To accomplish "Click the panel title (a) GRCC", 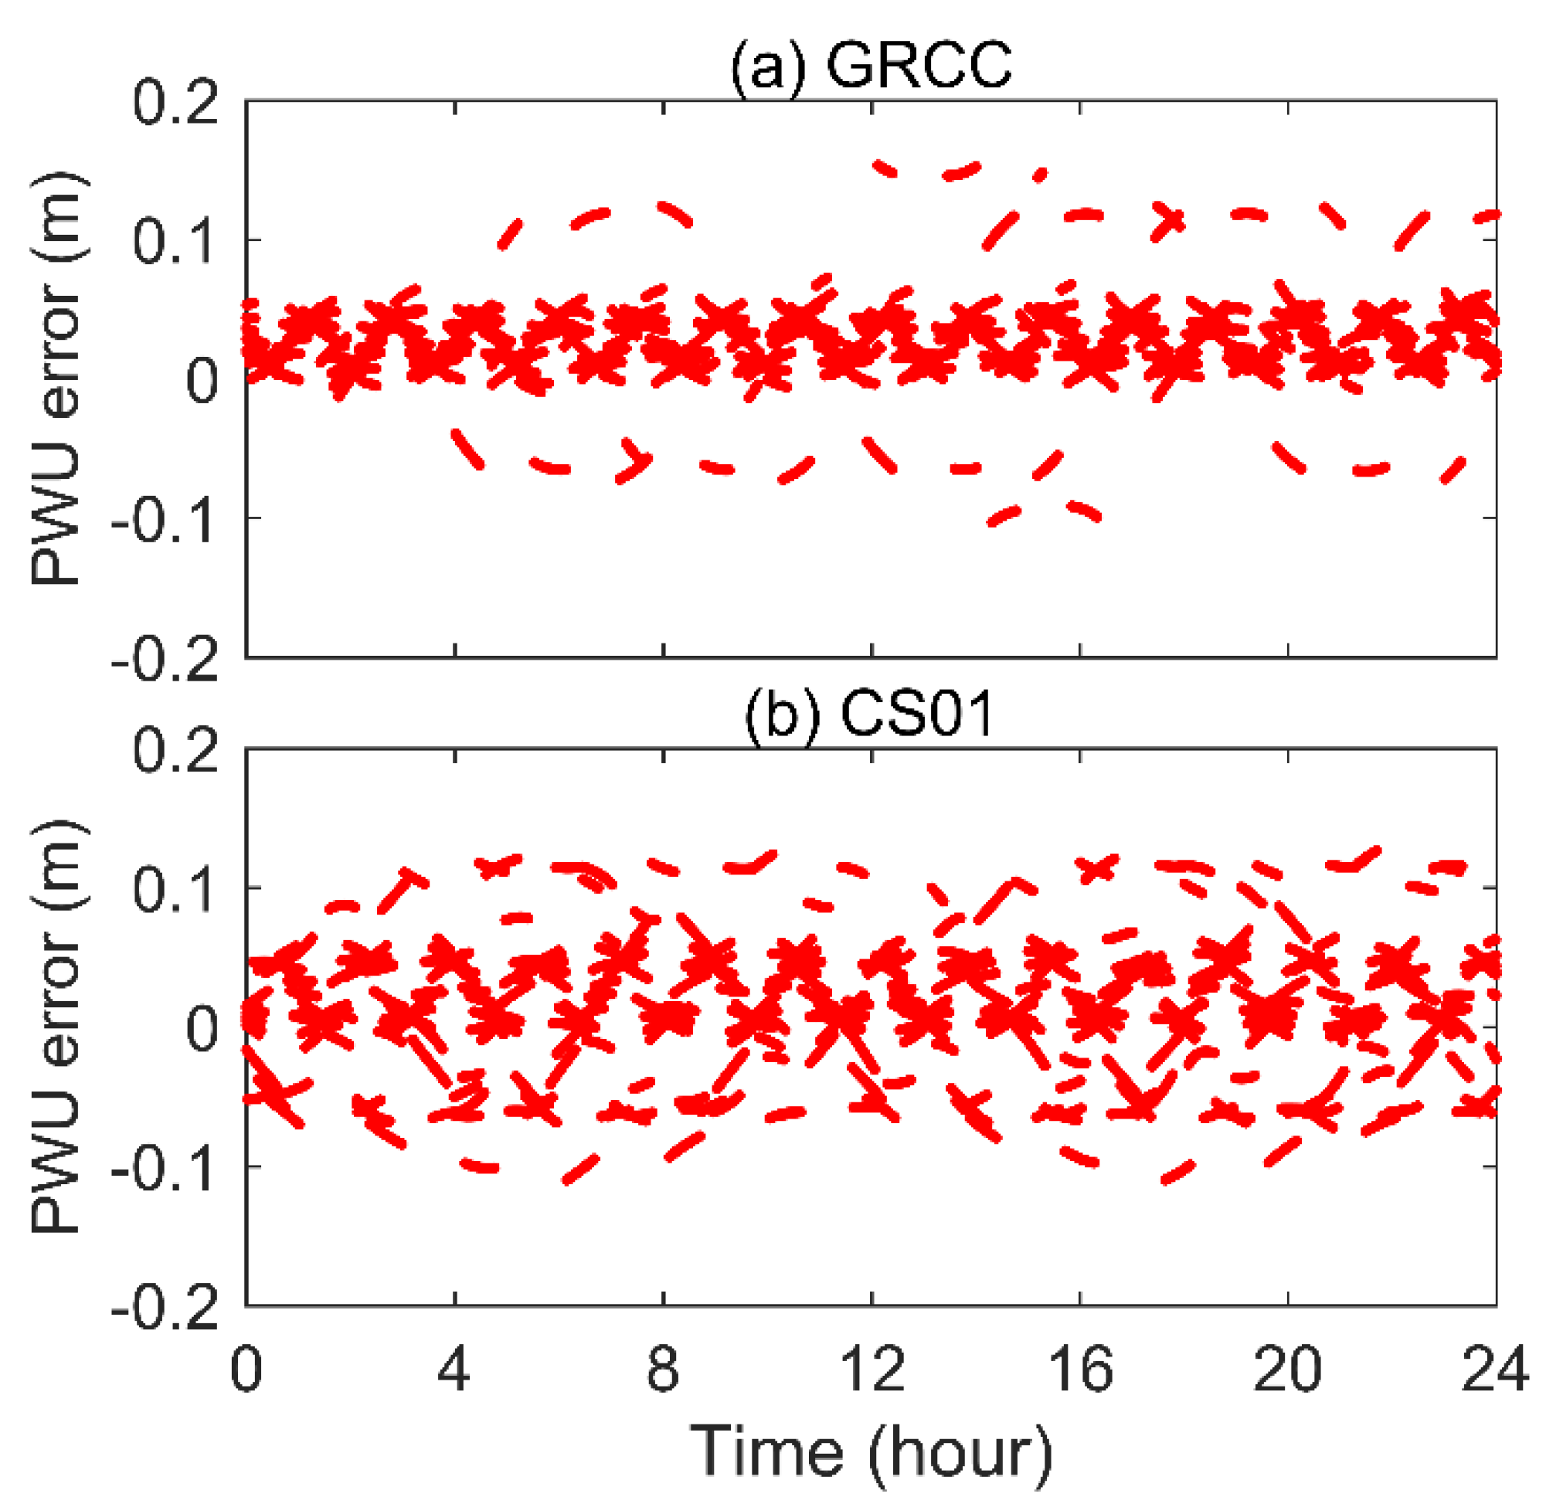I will (x=871, y=66).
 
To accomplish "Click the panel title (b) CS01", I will (x=869, y=713).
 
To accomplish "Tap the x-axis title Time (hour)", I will (x=872, y=1453).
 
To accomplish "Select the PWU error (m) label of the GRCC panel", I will (x=57, y=379).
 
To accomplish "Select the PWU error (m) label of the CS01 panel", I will (x=57, y=1026).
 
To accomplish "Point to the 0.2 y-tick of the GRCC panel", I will (x=175, y=103).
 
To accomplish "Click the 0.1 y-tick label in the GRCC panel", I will (x=175, y=241).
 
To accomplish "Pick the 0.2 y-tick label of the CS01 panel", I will (x=175, y=749).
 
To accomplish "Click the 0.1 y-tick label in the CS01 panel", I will (x=175, y=888).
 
